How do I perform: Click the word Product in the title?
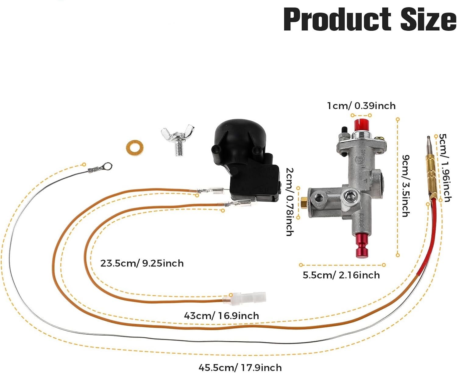(x=337, y=19)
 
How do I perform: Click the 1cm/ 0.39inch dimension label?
(x=361, y=106)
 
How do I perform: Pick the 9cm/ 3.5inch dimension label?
(x=406, y=186)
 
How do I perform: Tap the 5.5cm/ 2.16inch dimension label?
(x=341, y=275)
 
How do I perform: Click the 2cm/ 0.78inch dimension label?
(x=289, y=202)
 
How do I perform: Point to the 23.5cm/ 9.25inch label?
(x=142, y=263)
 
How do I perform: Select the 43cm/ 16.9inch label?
(x=221, y=315)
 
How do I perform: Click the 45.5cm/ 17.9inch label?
(x=240, y=367)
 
